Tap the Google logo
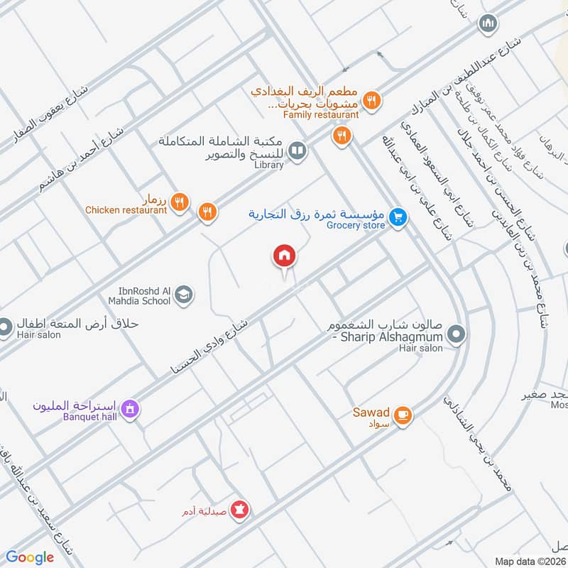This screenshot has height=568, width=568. (30, 557)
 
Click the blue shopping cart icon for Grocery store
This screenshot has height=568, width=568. (398, 218)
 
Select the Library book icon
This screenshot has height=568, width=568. (297, 151)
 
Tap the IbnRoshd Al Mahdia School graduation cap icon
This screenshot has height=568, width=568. (183, 294)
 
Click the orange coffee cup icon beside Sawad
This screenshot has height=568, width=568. (403, 415)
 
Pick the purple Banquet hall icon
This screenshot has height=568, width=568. (129, 409)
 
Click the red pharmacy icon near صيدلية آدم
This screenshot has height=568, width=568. (240, 510)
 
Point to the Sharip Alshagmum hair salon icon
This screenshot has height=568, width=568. (457, 333)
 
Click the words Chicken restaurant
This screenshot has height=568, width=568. (126, 210)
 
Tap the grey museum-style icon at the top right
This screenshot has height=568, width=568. (487, 23)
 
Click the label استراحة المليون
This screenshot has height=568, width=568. (75, 406)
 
